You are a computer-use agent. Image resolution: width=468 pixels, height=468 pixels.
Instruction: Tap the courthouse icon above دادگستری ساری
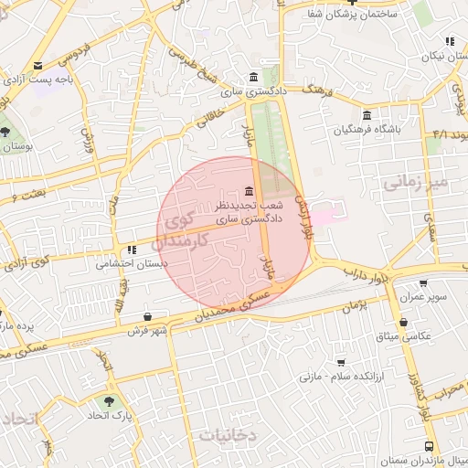253,77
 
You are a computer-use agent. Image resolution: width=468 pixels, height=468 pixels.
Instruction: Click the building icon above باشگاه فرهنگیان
367,115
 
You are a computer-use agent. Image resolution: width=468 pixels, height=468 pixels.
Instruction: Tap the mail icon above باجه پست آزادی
37,66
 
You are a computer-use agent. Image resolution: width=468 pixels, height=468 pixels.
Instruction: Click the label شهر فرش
146,330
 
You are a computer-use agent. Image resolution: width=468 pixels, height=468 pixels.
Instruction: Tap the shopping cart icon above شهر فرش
146,315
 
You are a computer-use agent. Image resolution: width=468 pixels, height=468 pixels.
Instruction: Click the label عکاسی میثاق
420,336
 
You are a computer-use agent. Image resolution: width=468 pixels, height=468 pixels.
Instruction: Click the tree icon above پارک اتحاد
111,401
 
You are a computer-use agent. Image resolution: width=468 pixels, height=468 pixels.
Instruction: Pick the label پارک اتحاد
112,417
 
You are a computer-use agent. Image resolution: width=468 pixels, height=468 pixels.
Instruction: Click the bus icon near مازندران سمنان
429,446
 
